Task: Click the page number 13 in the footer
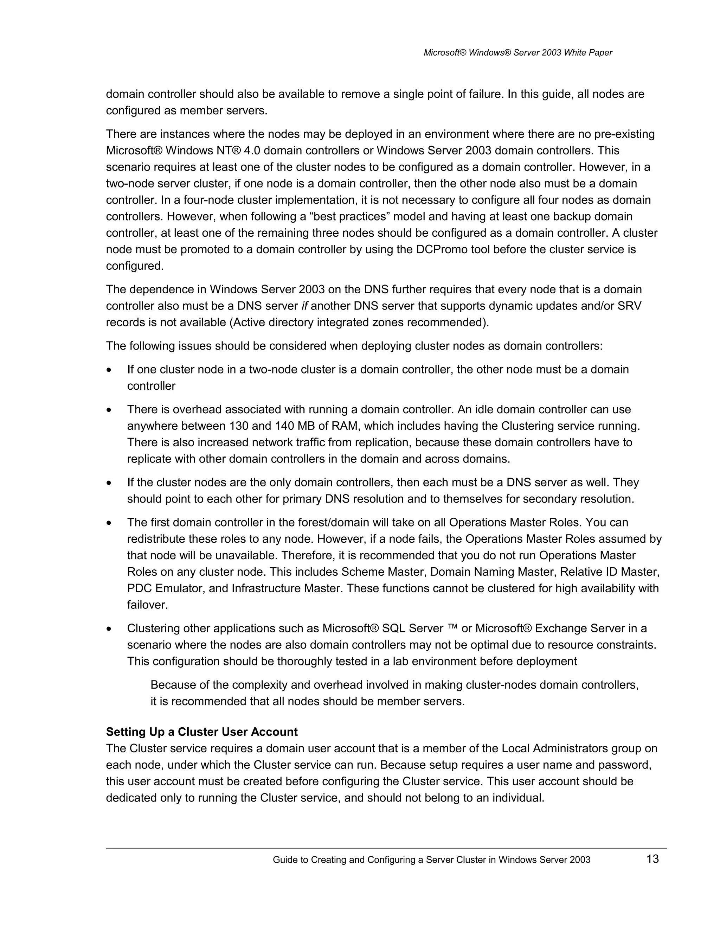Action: coord(652,858)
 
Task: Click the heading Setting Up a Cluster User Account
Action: coord(202,732)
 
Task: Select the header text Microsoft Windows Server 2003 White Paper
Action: coord(517,52)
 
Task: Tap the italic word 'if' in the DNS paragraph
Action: coord(304,306)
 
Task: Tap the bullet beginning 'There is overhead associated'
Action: coord(379,434)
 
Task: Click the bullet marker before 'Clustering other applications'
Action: coord(110,629)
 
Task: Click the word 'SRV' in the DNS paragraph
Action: coord(629,306)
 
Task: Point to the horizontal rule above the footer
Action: coord(386,848)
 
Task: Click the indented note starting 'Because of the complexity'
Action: coord(394,693)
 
